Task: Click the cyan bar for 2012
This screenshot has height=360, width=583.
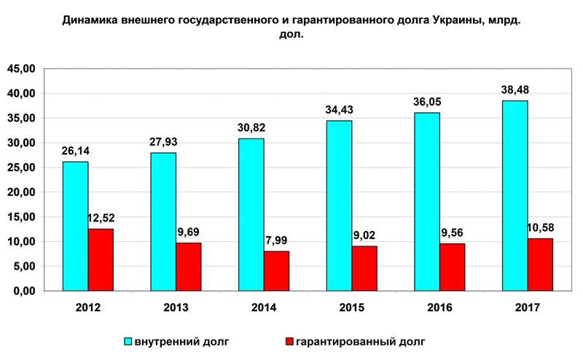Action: coord(75,226)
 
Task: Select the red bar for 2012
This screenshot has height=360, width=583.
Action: coord(101,259)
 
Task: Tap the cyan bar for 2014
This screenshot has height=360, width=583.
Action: coord(251,214)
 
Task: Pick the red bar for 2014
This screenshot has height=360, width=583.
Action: coord(276,270)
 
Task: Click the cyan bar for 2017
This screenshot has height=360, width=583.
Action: coord(514,195)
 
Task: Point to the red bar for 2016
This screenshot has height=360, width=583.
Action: coord(452,267)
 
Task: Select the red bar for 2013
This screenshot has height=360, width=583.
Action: coord(188,266)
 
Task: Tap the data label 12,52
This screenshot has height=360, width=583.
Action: coord(101,217)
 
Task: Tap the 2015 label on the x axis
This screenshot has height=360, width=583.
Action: coord(352,308)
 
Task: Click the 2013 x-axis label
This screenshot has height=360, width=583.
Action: coord(176,308)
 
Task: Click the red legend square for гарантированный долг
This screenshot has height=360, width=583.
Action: coord(289,341)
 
